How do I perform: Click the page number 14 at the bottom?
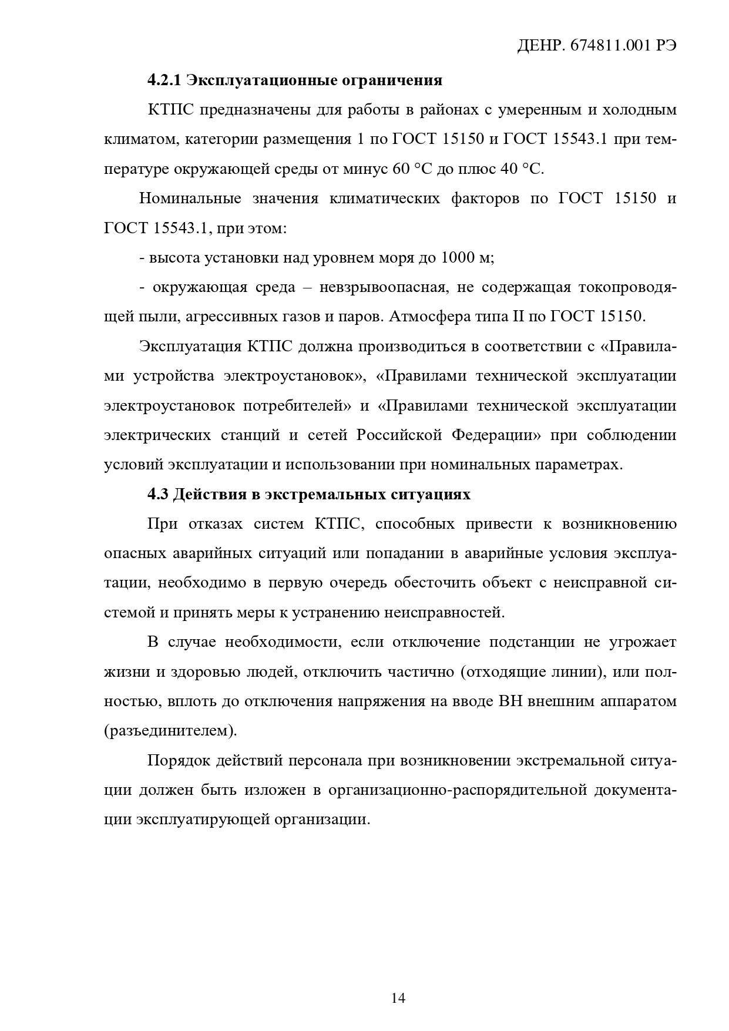[x=398, y=998]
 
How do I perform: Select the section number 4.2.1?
[x=164, y=80]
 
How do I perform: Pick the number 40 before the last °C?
[x=507, y=169]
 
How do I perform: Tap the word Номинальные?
[x=190, y=199]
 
